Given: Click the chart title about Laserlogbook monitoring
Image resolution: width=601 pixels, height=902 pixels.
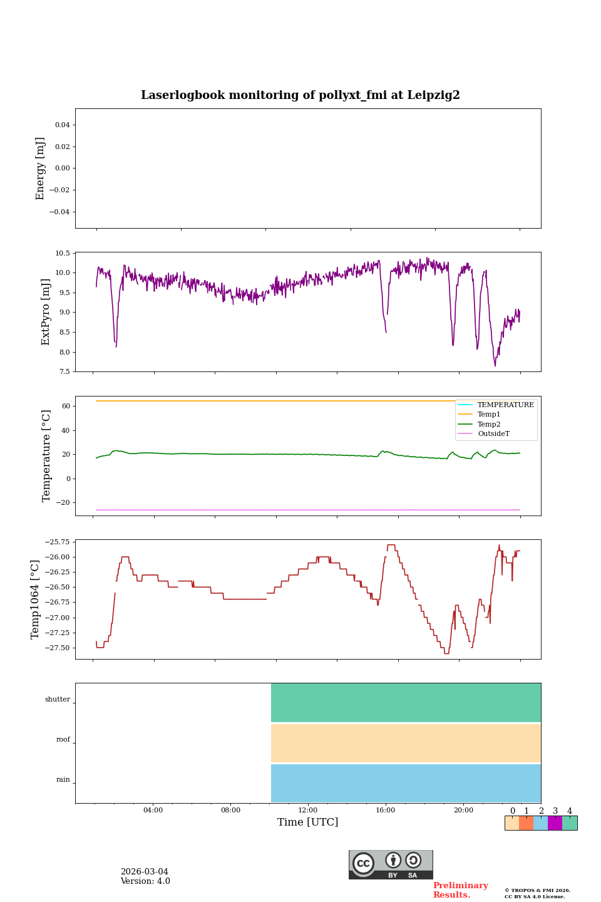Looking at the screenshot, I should tap(300, 95).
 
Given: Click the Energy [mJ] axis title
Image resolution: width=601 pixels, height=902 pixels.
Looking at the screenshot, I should tap(41, 168).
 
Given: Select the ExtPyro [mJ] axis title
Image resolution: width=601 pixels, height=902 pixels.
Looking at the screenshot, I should tap(46, 312).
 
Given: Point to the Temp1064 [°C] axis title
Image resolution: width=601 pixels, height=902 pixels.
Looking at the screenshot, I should tap(36, 599).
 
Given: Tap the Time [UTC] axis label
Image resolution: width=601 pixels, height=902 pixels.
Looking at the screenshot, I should tap(308, 822).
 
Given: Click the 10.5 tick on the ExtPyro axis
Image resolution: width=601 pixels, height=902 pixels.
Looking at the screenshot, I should tap(62, 253).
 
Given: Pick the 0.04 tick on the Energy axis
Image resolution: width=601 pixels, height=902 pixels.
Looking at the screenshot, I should tap(62, 125).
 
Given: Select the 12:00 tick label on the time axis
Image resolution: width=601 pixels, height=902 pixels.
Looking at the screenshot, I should tap(308, 810).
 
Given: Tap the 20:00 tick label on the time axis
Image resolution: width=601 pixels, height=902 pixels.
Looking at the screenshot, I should tap(463, 810).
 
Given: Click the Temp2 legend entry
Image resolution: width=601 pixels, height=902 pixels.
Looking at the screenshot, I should tap(489, 424).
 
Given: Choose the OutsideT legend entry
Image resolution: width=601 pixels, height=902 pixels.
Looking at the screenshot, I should tap(493, 433).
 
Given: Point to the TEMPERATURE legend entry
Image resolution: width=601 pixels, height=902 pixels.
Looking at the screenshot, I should tap(505, 405).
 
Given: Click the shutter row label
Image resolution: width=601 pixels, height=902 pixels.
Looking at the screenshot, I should tap(58, 700).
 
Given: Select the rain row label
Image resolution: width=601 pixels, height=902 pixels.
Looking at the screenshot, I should tap(63, 780).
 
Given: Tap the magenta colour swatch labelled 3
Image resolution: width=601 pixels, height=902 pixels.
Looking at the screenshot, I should tap(555, 823).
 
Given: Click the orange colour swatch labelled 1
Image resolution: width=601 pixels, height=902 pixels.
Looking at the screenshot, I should tap(526, 823).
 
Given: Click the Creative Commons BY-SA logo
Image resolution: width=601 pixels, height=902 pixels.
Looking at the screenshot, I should tap(391, 864).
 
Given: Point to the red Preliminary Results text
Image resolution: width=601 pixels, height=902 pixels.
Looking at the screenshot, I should tap(460, 890).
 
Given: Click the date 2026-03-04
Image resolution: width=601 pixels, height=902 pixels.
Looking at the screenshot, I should tap(145, 872).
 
